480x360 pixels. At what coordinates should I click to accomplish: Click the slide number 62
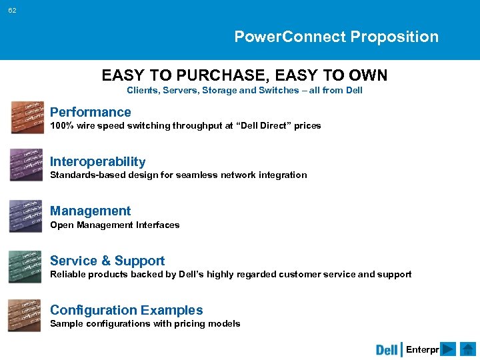(x=13, y=11)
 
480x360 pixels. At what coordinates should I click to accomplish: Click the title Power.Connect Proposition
(x=336, y=37)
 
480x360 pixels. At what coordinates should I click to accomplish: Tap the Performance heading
(x=90, y=112)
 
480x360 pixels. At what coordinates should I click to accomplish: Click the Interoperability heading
(x=97, y=161)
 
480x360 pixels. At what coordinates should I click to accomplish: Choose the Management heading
(x=90, y=211)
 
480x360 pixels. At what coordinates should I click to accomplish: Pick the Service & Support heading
(x=107, y=261)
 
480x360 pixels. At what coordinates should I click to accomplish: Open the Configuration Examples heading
(x=126, y=310)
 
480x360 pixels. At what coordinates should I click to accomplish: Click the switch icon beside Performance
(x=26, y=117)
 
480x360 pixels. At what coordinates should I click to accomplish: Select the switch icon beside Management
(x=26, y=216)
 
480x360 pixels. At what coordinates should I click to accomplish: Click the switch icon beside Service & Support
(x=26, y=266)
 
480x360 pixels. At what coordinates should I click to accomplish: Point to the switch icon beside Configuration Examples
(x=26, y=315)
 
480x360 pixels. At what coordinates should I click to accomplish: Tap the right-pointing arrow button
(x=449, y=349)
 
